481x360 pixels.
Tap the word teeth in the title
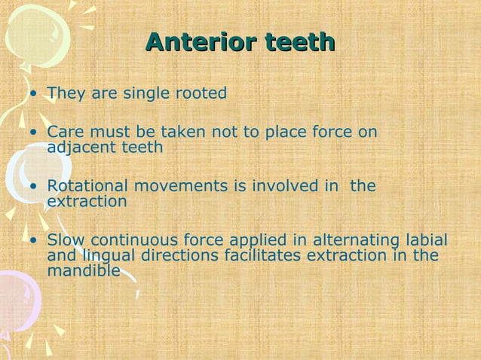click(298, 42)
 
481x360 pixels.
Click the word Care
click(63, 133)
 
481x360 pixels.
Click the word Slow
click(63, 240)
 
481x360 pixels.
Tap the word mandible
click(83, 270)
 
